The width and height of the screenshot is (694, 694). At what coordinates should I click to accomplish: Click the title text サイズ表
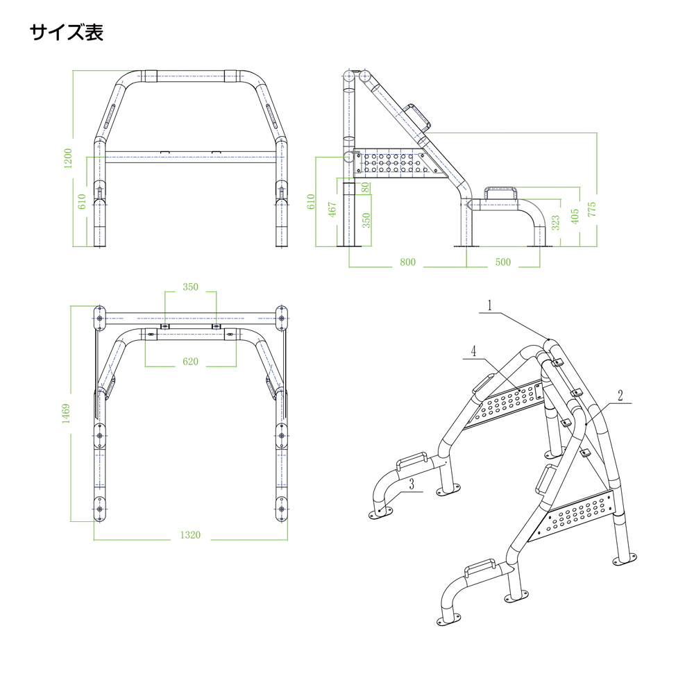(67, 33)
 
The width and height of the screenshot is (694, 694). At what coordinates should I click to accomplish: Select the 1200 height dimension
(67, 158)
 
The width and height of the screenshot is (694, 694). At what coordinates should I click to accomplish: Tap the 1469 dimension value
(66, 413)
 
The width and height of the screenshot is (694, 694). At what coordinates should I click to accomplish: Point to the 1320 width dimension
(189, 535)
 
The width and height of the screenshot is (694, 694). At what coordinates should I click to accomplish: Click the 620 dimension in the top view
(190, 362)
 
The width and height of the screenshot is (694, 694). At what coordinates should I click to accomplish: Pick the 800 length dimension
(407, 262)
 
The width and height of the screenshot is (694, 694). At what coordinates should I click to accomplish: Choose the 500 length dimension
(503, 262)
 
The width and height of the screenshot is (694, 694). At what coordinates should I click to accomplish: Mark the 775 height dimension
(592, 209)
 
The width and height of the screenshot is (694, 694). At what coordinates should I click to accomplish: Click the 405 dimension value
(575, 216)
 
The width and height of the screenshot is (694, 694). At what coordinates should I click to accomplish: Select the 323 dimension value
(555, 222)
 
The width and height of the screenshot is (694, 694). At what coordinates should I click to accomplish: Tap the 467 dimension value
(332, 211)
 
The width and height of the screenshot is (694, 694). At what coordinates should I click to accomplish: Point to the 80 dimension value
(366, 187)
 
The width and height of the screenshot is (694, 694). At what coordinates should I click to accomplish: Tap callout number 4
(473, 351)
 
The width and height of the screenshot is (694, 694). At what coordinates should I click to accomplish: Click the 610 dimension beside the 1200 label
(81, 202)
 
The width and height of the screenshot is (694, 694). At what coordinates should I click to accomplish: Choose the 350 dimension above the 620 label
(190, 286)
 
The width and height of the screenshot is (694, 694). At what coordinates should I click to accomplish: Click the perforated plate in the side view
(389, 162)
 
